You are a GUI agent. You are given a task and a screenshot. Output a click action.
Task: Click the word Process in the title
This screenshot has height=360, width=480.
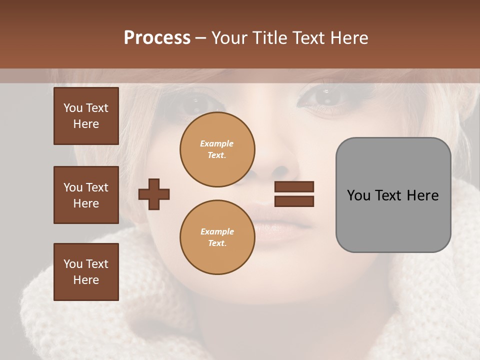157,38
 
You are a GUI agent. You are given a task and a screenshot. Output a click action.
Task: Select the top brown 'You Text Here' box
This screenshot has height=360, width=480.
86,116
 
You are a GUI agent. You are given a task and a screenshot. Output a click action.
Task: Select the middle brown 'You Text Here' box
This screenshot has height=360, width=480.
86,195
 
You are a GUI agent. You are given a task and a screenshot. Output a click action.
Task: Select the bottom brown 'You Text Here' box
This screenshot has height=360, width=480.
86,272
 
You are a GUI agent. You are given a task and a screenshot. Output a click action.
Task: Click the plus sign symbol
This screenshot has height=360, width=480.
154,194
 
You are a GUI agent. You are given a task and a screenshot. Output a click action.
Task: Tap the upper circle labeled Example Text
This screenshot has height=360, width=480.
217,149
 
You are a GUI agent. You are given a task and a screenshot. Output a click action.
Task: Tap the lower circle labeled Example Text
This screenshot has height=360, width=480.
217,237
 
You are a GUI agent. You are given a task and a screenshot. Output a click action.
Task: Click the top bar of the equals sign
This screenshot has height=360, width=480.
294,186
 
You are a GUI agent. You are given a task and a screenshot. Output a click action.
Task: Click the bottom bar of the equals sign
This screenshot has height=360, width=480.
294,201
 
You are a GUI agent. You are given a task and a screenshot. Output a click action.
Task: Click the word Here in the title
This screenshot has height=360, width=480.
348,38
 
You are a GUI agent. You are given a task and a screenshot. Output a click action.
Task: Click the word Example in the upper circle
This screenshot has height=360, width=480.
217,143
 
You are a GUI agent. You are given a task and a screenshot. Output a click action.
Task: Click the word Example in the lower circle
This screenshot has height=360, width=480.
217,231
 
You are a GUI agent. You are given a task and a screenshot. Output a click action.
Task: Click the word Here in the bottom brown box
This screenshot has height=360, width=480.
86,280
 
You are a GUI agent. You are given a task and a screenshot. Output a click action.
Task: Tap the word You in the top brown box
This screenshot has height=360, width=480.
73,108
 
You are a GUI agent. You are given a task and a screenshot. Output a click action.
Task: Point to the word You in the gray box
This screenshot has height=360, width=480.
358,195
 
